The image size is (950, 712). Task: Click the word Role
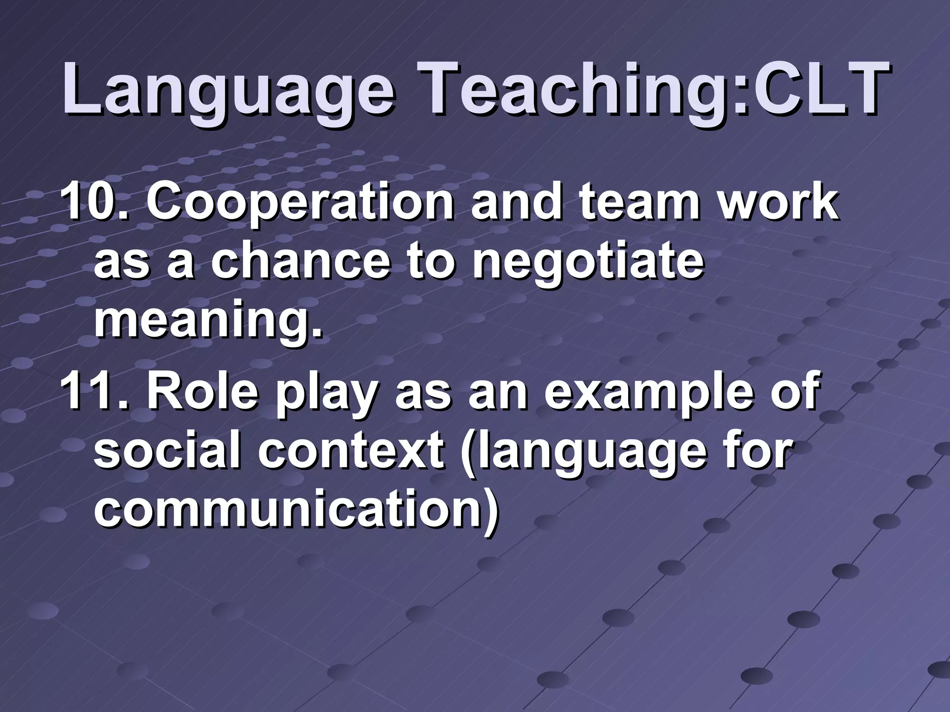pyautogui.click(x=202, y=393)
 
